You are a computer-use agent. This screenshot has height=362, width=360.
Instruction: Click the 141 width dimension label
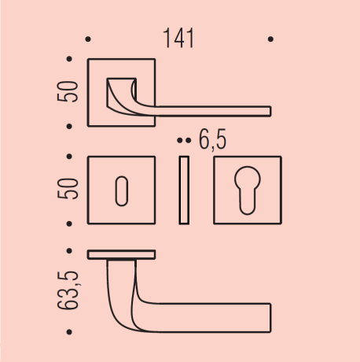tap(178, 39)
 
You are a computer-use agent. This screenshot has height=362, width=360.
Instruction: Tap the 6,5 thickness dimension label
tap(212, 140)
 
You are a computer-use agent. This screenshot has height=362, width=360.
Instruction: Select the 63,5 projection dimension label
tap(68, 290)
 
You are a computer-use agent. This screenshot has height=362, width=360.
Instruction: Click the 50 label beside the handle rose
tap(68, 91)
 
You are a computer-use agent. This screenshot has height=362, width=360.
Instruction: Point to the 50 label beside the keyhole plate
tap(68, 189)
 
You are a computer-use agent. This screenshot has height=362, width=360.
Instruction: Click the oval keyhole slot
tap(122, 191)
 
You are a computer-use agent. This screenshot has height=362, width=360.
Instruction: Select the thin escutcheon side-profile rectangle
tap(184, 190)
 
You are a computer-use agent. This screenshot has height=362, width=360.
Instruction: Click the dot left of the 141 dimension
tap(88, 39)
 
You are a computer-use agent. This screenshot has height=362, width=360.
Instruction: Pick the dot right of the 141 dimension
tap(270, 39)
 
